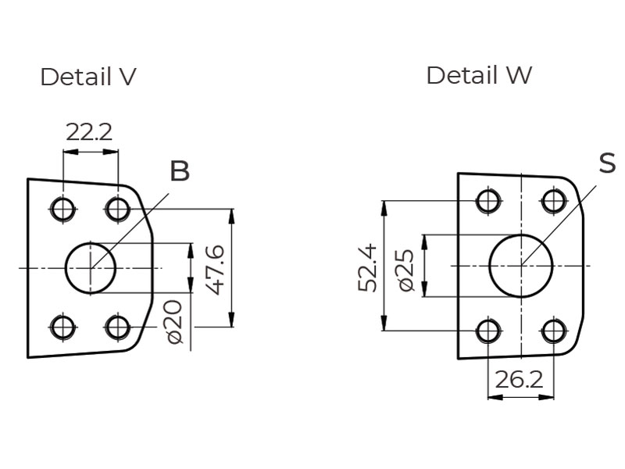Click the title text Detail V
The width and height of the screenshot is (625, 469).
pyautogui.click(x=88, y=77)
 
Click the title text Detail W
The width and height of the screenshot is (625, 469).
pyautogui.click(x=479, y=76)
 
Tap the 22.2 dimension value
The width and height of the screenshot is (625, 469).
pyautogui.click(x=89, y=131)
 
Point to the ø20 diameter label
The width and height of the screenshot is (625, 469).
pyautogui.click(x=175, y=321)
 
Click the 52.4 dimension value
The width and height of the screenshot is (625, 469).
pyautogui.click(x=368, y=267)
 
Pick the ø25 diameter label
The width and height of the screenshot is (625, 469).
pyautogui.click(x=405, y=270)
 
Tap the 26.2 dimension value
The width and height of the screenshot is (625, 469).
pyautogui.click(x=519, y=380)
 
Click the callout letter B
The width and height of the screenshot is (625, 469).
pyautogui.click(x=180, y=170)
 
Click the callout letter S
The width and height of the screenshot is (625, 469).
pyautogui.click(x=607, y=163)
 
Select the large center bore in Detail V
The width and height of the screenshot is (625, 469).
pyautogui.click(x=91, y=268)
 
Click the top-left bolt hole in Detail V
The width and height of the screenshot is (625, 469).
pyautogui.click(x=62, y=209)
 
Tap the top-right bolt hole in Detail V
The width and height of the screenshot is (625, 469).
pyautogui.click(x=118, y=209)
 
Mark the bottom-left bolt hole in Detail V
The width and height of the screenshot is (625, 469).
pyautogui.click(x=62, y=327)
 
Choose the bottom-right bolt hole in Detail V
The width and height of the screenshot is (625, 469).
pyautogui.click(x=118, y=327)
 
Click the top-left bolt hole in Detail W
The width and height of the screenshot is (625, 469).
pyautogui.click(x=488, y=201)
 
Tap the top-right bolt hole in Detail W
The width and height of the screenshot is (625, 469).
pyautogui.click(x=554, y=201)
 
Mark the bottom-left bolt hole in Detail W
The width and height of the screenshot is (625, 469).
pyautogui.click(x=488, y=331)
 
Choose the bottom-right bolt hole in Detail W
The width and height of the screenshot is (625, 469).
pyautogui.click(x=554, y=331)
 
